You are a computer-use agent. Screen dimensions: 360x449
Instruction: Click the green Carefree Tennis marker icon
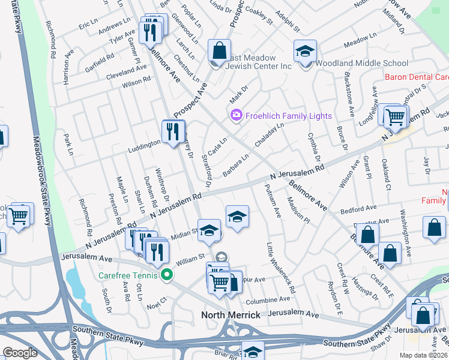point(167,275)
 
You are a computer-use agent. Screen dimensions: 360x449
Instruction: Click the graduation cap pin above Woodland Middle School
point(305,52)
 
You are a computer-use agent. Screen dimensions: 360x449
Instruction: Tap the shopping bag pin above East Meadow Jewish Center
point(219,50)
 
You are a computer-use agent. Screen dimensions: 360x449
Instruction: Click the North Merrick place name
point(231,315)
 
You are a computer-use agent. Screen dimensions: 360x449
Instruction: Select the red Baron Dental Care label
point(417,77)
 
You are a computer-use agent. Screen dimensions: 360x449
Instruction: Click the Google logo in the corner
point(20,353)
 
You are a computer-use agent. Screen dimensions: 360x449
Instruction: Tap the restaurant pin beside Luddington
point(173,131)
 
